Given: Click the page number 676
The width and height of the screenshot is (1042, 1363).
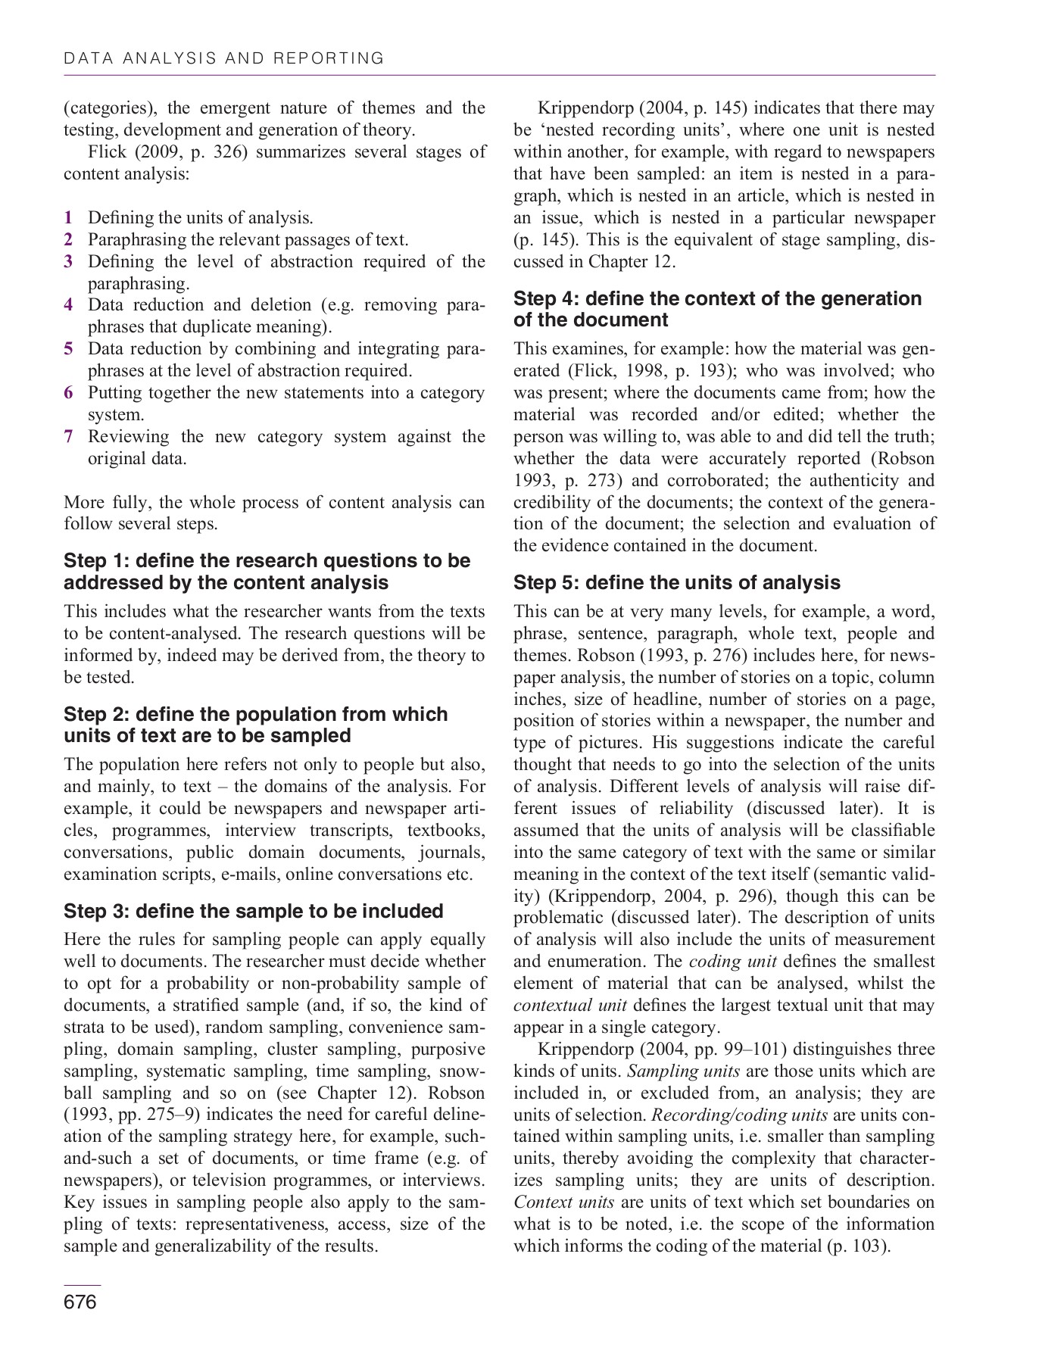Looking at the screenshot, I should click(x=80, y=1302).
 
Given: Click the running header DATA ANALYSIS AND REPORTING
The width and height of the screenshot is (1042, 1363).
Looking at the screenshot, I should click(x=224, y=58).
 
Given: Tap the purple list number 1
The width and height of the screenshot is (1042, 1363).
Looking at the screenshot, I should click(x=68, y=218).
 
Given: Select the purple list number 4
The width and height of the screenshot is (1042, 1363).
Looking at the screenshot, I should click(x=68, y=305).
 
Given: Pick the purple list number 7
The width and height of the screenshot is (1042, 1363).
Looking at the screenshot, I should click(x=68, y=437).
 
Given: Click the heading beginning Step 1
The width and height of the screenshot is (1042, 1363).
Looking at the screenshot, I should click(x=267, y=572).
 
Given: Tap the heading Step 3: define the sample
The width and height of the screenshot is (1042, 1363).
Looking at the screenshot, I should click(x=253, y=911).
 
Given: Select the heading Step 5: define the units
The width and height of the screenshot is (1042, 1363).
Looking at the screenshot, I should click(x=676, y=582).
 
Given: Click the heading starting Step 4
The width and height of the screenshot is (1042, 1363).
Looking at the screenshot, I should click(x=716, y=309).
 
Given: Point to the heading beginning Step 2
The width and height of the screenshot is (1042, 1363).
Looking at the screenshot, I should click(x=255, y=725).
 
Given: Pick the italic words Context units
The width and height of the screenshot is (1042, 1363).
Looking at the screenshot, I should click(x=563, y=1202).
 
